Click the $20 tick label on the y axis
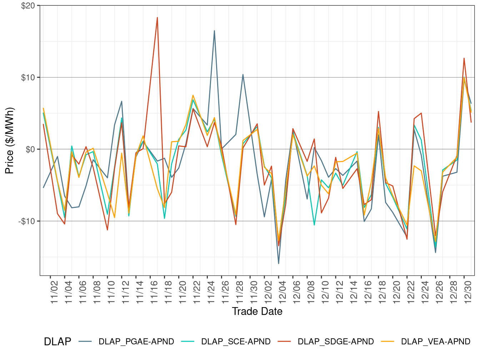(x=28, y=6)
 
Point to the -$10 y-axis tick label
(x=27, y=221)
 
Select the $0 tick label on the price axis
(x=30, y=149)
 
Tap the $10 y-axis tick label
(x=28, y=77)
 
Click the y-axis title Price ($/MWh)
(x=10, y=140)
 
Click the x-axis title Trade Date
(x=257, y=311)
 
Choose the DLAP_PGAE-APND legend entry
(x=136, y=341)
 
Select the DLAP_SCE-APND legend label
(x=236, y=341)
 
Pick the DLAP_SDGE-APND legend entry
(x=336, y=341)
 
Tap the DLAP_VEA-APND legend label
(x=435, y=341)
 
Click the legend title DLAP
(x=57, y=341)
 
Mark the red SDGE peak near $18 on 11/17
(x=157, y=17)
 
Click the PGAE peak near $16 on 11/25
(x=214, y=31)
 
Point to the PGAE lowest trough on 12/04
(x=279, y=264)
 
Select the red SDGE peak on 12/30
(x=464, y=58)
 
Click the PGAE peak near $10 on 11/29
(x=243, y=75)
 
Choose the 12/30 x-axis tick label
(x=468, y=292)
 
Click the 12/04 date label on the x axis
(x=282, y=292)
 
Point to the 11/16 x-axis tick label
(x=154, y=292)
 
